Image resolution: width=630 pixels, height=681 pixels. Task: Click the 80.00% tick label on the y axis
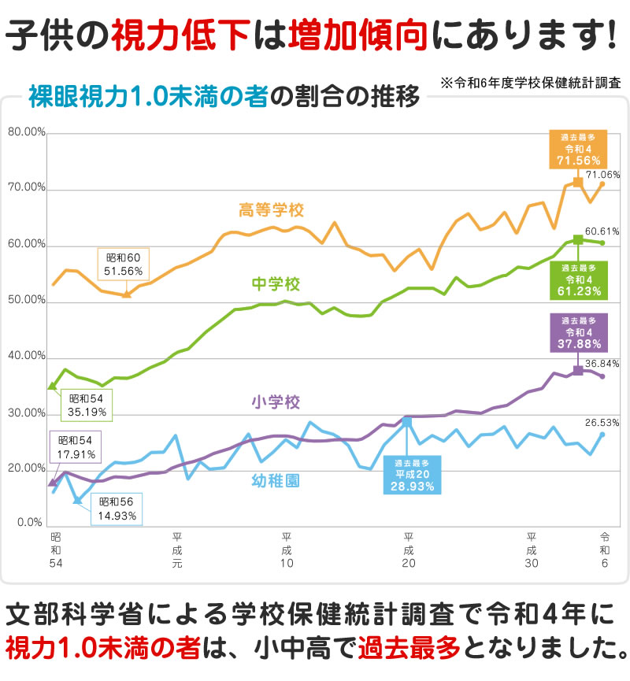pos(26,132)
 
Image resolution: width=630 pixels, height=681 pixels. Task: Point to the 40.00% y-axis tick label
pos(26,357)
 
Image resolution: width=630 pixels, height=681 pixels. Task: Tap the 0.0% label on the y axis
pos(29,521)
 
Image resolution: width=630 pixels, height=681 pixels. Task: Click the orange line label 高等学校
pos(271,210)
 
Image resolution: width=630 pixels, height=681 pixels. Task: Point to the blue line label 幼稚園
pos(276,479)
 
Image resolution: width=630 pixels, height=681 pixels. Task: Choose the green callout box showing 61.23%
pos(577,279)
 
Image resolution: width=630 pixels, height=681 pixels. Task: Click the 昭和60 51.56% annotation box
pos(122,264)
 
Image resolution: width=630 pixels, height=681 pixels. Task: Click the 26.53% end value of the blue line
pos(602,422)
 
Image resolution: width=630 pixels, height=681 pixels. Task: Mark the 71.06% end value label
pos(602,174)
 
